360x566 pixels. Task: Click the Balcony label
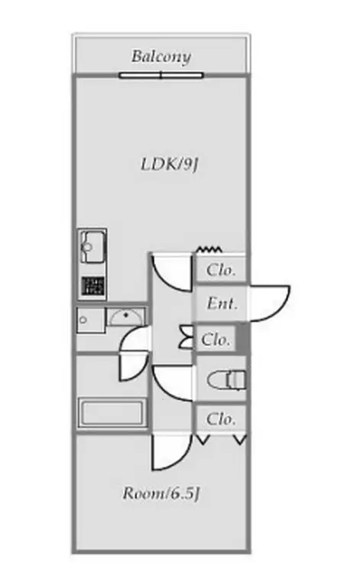(161, 57)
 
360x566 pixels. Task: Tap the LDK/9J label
(169, 164)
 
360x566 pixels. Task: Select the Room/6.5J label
(161, 493)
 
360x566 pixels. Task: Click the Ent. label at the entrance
(222, 303)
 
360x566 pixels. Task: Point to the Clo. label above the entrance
(221, 270)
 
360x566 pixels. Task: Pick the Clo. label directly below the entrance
(216, 340)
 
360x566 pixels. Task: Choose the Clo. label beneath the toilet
(221, 418)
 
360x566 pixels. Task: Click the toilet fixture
(226, 380)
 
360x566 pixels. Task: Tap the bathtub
(112, 412)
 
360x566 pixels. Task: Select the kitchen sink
(92, 247)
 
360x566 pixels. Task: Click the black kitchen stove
(92, 286)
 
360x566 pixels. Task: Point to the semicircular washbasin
(125, 317)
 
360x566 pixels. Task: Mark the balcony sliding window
(161, 76)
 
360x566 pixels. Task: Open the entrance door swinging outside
(270, 304)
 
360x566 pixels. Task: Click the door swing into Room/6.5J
(171, 452)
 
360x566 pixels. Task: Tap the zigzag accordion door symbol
(209, 249)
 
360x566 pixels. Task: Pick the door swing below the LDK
(171, 272)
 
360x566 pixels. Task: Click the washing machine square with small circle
(91, 320)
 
